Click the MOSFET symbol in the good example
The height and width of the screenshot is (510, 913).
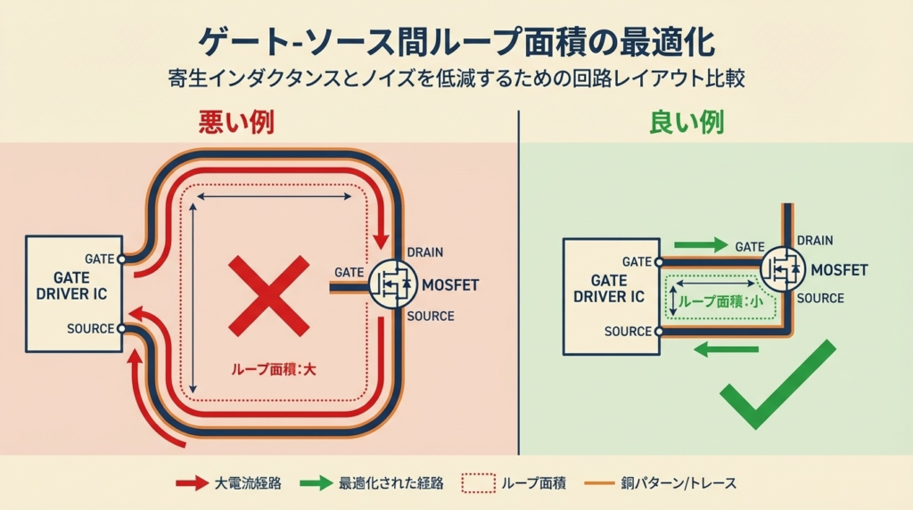coord(784,268)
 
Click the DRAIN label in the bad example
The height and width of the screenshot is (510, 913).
coord(424,253)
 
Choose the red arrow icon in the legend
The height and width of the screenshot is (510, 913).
coord(191,483)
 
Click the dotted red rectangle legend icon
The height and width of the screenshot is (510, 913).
coord(478,483)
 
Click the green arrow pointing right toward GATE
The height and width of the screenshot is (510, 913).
coord(702,244)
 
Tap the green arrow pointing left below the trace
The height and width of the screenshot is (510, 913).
coord(725,350)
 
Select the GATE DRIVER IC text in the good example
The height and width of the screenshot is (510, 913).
coord(609,288)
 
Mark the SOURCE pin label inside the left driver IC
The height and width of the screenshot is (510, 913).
coord(90,329)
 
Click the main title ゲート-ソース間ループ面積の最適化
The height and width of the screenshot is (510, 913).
coord(456,43)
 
